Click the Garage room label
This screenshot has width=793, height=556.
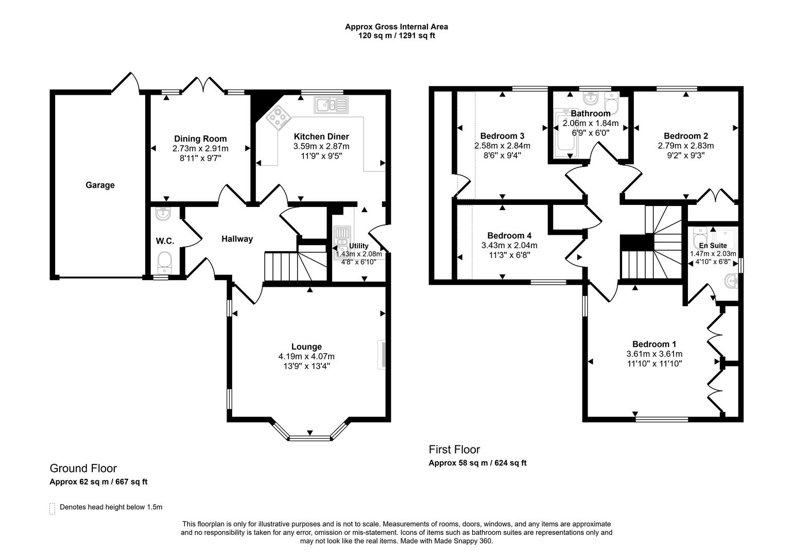100,185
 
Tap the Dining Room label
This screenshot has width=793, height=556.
200,138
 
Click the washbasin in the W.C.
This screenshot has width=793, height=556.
163,214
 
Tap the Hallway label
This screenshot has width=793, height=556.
237,239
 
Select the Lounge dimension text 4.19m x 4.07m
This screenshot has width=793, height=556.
306,356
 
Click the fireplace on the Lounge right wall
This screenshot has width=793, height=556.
382,354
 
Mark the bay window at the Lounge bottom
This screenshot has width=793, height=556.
309,438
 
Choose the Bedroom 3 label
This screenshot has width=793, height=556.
502,136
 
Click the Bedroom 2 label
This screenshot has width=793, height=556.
685,136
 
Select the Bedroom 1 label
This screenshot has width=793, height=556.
654,344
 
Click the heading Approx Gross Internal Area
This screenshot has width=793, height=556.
396,27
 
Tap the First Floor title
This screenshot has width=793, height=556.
454,449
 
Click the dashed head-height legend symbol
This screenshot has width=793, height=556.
51,508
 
